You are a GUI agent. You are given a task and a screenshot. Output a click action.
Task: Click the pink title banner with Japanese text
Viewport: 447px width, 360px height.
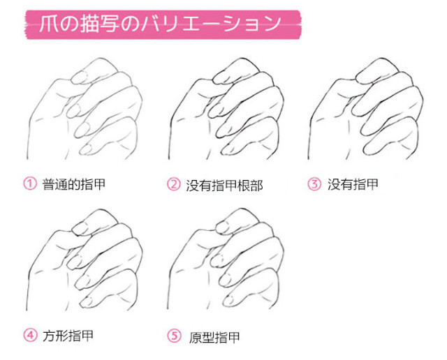coord(163,24)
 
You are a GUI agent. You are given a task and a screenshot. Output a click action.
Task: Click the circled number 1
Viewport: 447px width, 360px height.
coord(30,183)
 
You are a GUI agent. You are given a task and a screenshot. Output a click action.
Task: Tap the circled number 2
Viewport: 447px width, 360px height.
coord(174,184)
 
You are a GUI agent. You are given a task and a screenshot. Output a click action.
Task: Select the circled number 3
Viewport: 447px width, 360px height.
coord(314,183)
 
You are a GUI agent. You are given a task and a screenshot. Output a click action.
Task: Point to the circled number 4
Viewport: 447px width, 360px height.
coord(30,335)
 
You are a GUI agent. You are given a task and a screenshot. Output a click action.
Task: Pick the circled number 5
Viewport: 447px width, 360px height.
coord(174,336)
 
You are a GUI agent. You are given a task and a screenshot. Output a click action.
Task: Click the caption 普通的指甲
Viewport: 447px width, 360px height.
coord(74,184)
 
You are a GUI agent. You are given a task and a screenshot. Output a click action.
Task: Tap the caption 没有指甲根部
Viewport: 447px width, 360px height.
coord(224,185)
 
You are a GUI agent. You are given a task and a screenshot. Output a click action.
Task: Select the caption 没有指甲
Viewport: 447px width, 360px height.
coord(353,184)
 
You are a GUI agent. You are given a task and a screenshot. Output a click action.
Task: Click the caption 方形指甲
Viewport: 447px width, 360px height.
coord(68,336)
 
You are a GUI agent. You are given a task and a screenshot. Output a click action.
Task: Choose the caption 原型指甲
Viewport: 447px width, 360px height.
coord(214,338)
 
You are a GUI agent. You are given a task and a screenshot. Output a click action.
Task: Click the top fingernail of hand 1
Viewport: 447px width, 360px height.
coord(78,77)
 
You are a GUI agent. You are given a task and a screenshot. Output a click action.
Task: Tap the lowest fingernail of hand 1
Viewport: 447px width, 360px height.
coord(86,149)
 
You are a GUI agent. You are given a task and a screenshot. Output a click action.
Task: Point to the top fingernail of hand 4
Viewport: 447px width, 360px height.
coord(79,228)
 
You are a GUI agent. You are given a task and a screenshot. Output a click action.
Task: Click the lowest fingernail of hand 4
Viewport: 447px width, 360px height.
coord(86,301)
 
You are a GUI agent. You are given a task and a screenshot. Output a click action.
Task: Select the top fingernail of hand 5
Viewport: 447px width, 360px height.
coord(222,227)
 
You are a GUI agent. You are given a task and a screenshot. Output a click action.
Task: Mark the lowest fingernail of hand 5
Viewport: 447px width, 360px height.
coord(228,301)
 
